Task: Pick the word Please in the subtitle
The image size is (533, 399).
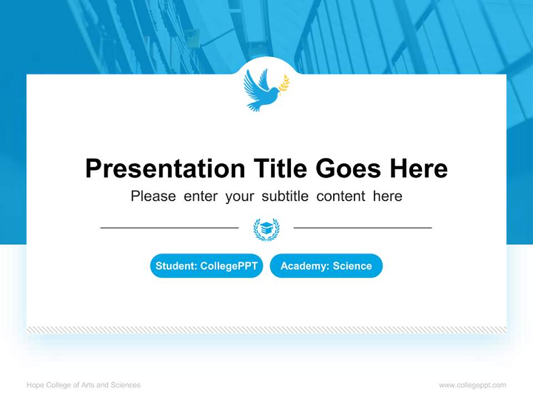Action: click(153, 196)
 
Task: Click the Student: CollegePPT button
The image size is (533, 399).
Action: click(207, 266)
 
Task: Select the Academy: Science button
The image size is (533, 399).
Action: click(326, 266)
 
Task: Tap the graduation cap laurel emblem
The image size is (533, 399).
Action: click(266, 229)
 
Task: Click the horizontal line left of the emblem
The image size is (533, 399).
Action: click(169, 228)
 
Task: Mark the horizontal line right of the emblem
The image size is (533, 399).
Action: click(363, 228)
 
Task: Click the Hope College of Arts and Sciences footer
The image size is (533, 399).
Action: click(83, 385)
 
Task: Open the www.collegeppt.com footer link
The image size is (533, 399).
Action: click(472, 385)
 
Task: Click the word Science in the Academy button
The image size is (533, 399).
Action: click(352, 266)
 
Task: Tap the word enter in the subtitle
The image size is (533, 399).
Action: click(200, 196)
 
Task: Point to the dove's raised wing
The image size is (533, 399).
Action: click(257, 79)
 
